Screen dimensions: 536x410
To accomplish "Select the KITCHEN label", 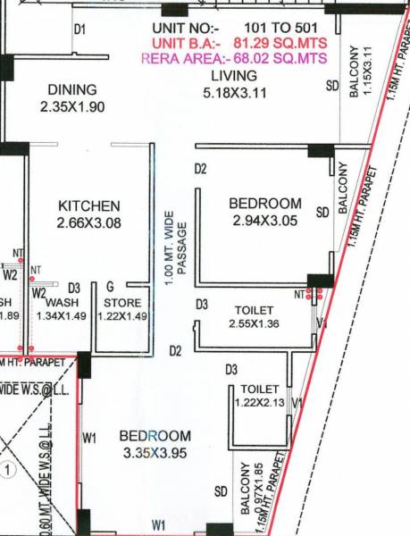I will [88, 205].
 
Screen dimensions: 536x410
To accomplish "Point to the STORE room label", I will [122, 303].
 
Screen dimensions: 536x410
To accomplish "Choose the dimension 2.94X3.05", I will [264, 220].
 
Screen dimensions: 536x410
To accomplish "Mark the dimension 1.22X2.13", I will [260, 404].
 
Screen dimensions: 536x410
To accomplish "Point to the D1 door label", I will [80, 29].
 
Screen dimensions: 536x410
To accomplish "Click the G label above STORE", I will [109, 288].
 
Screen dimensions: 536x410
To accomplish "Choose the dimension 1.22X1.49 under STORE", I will [122, 315].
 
